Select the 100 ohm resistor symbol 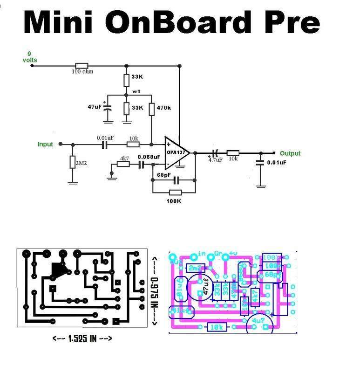click(82, 65)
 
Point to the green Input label click(45, 145)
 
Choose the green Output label click(290, 153)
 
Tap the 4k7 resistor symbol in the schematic click(124, 164)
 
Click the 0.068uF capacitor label click(149, 157)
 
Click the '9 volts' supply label click(30, 57)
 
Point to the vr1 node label click(136, 91)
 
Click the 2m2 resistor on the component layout click(196, 268)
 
